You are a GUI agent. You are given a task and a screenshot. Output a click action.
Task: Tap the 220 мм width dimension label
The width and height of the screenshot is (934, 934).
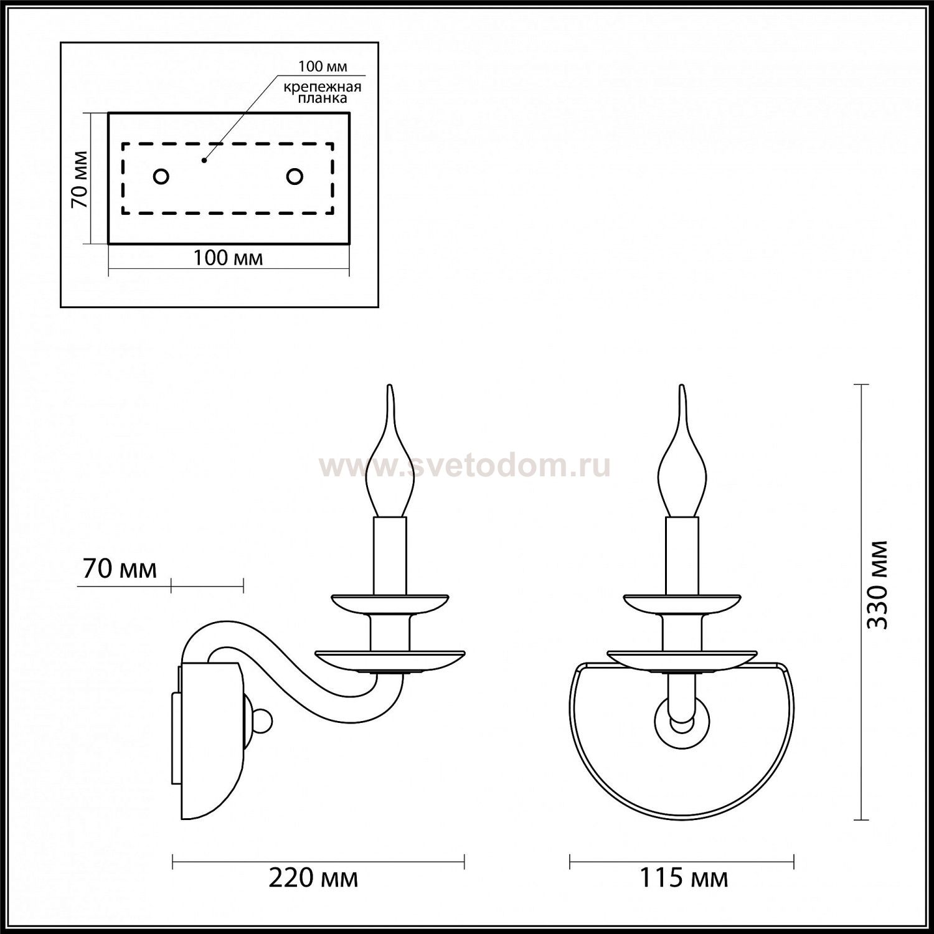tap(314, 879)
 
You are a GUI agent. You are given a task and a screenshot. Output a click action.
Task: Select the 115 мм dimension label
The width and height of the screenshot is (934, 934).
tap(684, 879)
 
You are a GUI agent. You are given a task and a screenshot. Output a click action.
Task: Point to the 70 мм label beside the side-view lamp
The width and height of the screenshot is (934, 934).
tap(120, 568)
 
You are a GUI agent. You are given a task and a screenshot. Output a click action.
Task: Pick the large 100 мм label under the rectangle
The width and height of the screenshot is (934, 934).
tap(228, 258)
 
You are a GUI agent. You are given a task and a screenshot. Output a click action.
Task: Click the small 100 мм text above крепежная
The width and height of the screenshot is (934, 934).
tap(323, 67)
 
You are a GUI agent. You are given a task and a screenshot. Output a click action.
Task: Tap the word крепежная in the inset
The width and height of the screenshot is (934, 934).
tap(322, 87)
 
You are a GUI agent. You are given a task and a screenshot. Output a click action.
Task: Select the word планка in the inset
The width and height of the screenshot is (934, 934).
tap(322, 98)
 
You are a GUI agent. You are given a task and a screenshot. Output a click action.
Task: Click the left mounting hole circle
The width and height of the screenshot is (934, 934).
tap(161, 177)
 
